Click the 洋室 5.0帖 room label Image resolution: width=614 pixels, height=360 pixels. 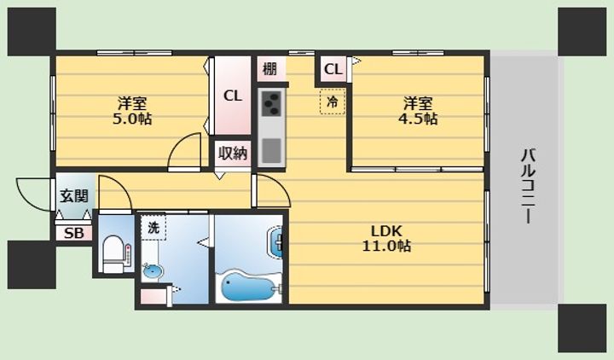tap(132, 111)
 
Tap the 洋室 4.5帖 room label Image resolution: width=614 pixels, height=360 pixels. tap(418, 111)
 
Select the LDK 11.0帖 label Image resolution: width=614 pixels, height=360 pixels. tap(386, 239)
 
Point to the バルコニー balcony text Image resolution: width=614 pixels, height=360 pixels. tap(528, 186)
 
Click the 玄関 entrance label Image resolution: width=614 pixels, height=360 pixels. tap(74, 195)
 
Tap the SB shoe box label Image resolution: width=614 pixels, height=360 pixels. tap(74, 234)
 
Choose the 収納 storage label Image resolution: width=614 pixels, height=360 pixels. tap(233, 154)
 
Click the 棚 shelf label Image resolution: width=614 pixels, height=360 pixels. tap(269, 69)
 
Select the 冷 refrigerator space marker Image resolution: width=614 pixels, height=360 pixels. tap(333, 102)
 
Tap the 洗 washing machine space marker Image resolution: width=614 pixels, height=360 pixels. tap(153, 228)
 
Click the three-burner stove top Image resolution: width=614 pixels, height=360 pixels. tap(271, 104)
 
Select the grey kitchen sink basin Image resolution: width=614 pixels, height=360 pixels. tap(271, 150)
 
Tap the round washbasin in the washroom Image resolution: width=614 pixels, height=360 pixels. tap(153, 271)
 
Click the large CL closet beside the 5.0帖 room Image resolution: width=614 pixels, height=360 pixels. tap(233, 96)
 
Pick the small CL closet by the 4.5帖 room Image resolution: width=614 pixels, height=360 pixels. tap(333, 69)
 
